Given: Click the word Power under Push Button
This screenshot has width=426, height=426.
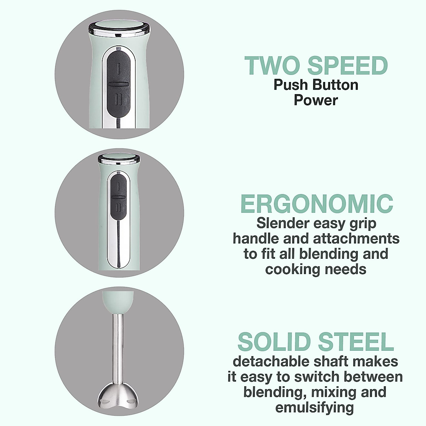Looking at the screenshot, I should [316, 100].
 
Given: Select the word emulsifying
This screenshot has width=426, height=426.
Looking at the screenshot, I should [316, 408].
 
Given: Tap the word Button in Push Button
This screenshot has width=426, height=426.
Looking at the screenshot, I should [335, 85].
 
